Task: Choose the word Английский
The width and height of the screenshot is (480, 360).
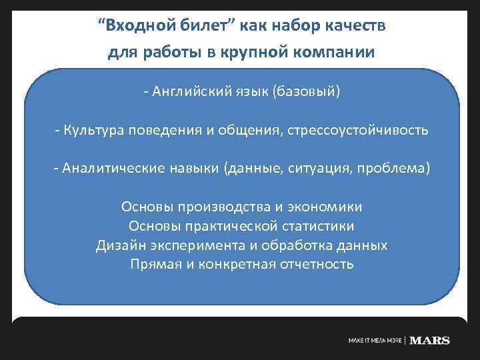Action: (193, 91)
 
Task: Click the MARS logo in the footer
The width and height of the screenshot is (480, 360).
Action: (430, 341)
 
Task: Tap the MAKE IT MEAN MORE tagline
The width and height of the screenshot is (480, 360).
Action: (375, 341)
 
